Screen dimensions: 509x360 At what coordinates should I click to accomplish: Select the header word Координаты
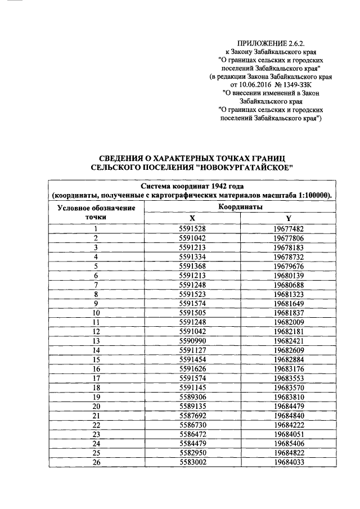click(x=240, y=207)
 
